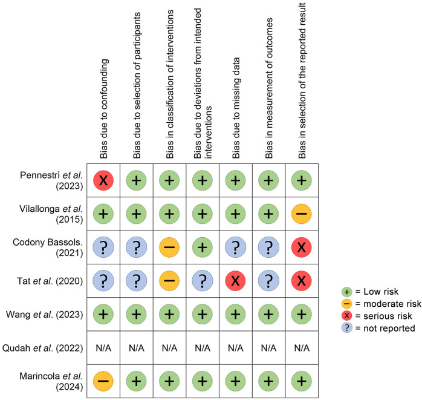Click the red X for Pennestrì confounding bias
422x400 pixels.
pos(103,180)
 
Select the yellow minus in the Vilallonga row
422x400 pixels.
pos(302,214)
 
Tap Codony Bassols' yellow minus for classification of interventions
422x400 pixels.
pos(169,248)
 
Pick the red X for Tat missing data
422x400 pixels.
pos(235,281)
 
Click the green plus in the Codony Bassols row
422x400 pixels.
pos(203,248)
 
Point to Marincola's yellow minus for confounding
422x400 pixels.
pos(103,381)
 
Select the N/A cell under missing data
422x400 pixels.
pos(236,348)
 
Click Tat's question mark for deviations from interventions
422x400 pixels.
pos(203,281)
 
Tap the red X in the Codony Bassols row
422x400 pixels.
pos(302,248)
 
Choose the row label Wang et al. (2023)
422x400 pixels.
pos(44,314)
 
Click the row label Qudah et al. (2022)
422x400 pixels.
pos(42,348)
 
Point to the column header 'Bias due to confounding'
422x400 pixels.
pos(103,108)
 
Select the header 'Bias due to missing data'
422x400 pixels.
pos(236,108)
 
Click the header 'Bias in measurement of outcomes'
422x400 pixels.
pos(269,88)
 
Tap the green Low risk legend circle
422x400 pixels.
pos(346,292)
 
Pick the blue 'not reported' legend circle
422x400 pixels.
pos(346,328)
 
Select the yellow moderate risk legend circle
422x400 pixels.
pos(346,304)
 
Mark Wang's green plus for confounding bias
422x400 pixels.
pos(103,314)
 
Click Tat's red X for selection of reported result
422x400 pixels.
pos(302,281)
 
